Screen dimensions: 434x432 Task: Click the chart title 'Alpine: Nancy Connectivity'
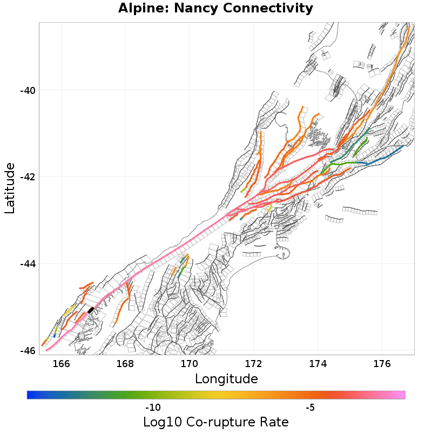tap(215, 9)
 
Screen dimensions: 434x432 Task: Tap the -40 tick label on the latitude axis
tap(28, 90)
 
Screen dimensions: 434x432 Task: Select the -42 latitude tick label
tap(28, 177)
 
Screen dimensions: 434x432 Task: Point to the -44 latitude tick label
tap(28, 264)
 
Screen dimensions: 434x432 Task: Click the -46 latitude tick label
tap(28, 351)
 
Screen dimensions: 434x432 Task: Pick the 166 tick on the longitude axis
tap(62, 363)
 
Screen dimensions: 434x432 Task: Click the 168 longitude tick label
tap(125, 363)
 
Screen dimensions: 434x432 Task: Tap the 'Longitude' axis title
tap(226, 379)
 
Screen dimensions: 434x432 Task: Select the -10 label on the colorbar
tap(153, 407)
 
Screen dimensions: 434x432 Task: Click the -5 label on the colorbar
tap(310, 407)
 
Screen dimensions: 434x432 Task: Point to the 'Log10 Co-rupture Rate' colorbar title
tap(215, 422)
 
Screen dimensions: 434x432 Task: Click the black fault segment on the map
tap(91, 310)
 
